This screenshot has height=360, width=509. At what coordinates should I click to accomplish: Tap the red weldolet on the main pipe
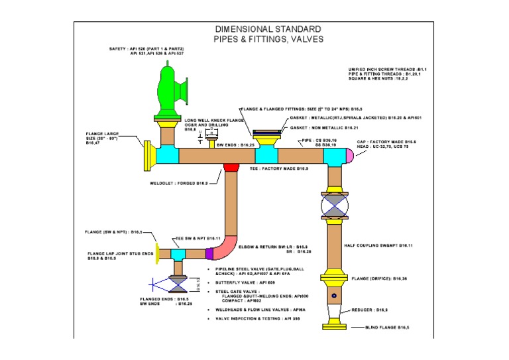coord(231,166)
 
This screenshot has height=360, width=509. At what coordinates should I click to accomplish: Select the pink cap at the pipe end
coord(348,156)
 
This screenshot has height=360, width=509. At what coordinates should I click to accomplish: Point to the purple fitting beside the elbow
coord(209,253)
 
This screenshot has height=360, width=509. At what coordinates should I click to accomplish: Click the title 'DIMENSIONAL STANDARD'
coord(268,30)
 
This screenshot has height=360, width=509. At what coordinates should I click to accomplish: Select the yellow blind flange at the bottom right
coord(334,326)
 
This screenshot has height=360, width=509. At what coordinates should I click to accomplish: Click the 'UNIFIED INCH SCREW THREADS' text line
coord(387,69)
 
